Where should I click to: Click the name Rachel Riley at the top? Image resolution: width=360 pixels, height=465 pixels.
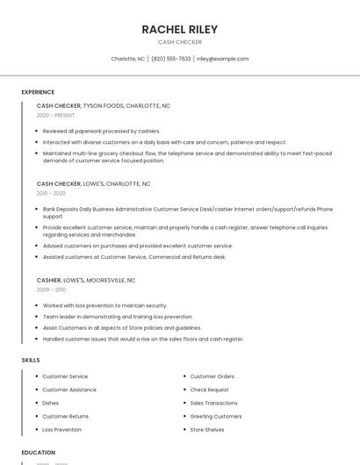[x=180, y=30]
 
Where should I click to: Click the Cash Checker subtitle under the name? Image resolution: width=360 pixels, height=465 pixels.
[x=180, y=42]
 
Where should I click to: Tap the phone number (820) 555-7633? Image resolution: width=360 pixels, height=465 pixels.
[x=170, y=59]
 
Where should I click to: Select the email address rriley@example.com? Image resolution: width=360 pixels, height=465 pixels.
[x=222, y=59]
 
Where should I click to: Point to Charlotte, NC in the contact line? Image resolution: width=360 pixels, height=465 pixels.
[x=128, y=59]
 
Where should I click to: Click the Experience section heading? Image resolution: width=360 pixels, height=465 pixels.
[x=38, y=92]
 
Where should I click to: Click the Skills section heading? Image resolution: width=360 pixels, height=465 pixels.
[x=31, y=360]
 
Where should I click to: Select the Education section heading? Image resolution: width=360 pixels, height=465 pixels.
[x=39, y=453]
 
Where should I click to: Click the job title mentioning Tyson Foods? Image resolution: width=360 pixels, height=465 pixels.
[x=104, y=105]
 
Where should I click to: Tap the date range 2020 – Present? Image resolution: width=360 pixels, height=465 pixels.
[x=55, y=115]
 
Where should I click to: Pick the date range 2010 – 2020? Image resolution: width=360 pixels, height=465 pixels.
[x=51, y=193]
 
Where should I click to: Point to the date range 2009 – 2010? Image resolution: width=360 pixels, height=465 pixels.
[x=51, y=290]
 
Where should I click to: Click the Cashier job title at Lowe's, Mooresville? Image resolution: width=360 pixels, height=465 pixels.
[x=86, y=280]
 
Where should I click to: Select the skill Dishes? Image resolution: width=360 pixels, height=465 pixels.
[x=51, y=403]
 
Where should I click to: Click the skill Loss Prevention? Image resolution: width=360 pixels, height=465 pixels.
[x=61, y=430]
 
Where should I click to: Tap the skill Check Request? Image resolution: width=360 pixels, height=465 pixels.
[x=209, y=390]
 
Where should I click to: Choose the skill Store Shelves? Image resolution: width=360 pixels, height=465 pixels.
[x=207, y=430]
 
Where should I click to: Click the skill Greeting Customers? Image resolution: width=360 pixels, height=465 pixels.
[x=216, y=416]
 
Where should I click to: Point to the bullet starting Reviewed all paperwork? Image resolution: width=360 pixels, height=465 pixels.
[x=101, y=131]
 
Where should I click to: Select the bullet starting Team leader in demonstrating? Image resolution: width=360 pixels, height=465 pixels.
[x=118, y=316]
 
